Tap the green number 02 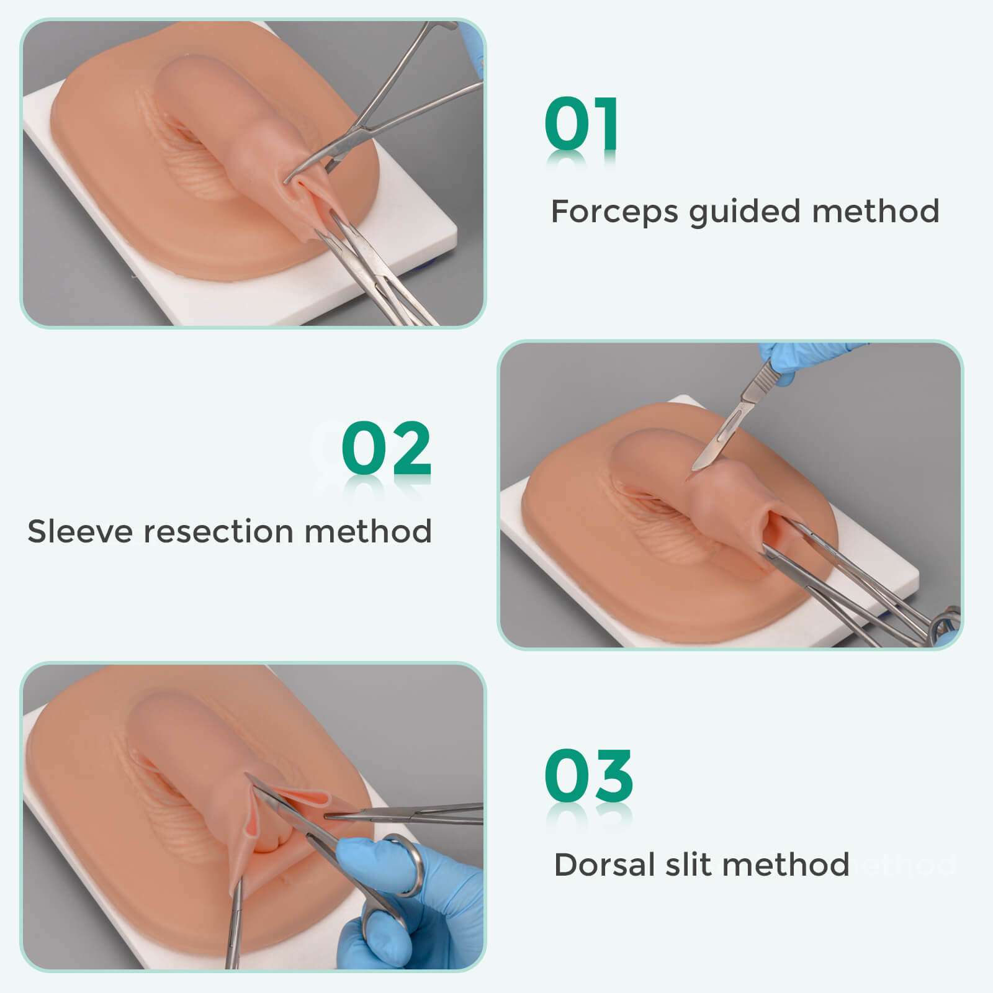[386, 447]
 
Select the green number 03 [589, 776]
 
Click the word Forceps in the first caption [614, 213]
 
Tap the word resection [218, 532]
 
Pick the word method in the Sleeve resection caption [368, 531]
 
